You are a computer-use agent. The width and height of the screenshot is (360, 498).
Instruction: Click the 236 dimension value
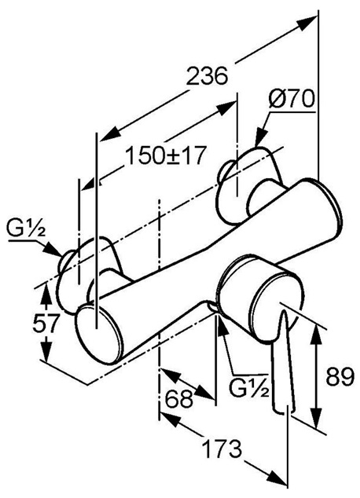[x=207, y=76]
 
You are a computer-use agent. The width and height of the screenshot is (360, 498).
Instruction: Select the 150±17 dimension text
[x=164, y=156]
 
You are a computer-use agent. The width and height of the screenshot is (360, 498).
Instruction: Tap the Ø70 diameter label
[x=292, y=100]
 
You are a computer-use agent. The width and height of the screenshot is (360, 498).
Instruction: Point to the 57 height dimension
[x=46, y=323]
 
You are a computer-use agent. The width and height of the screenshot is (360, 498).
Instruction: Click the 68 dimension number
[x=180, y=398]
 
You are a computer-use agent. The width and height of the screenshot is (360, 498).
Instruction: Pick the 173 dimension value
[x=222, y=449]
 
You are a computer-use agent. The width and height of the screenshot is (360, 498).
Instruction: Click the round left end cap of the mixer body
[x=98, y=333]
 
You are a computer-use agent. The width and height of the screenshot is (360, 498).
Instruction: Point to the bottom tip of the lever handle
[x=284, y=412]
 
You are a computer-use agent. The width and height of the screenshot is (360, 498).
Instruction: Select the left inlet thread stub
[x=64, y=262]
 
